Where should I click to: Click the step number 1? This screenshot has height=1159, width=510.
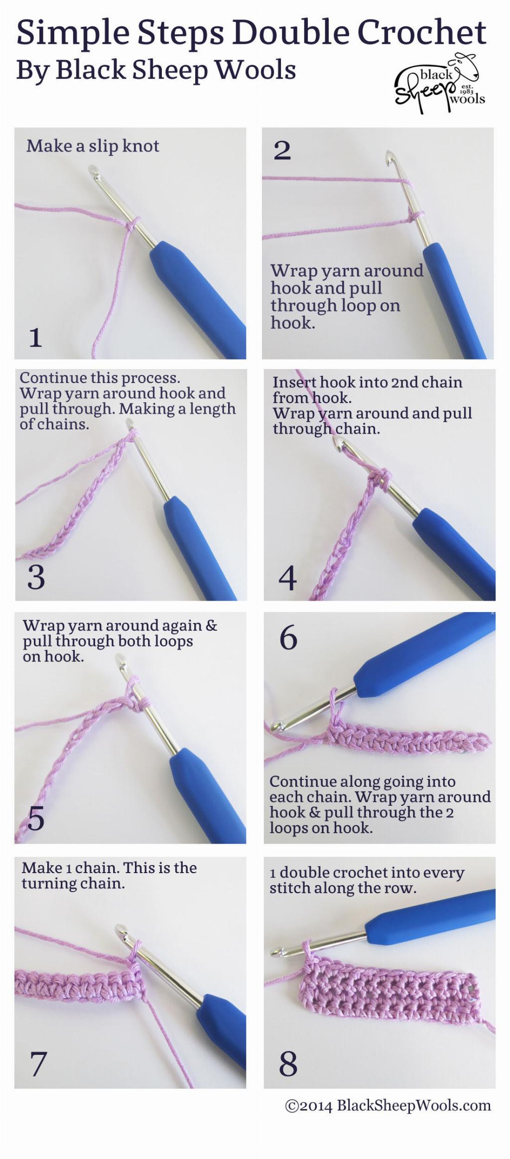click(35, 337)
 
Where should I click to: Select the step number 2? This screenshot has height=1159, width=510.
click(282, 150)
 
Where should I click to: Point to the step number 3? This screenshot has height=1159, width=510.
click(36, 577)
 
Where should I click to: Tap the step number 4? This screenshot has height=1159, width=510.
click(287, 578)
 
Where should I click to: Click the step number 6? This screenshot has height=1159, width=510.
click(288, 638)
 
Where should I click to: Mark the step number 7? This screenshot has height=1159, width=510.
click(38, 1064)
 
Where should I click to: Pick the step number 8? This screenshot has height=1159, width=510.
click(288, 1064)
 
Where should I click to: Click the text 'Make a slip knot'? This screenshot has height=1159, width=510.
click(93, 146)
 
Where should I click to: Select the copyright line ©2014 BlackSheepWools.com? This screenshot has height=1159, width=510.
click(387, 1106)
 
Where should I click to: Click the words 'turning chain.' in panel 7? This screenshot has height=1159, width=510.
click(73, 884)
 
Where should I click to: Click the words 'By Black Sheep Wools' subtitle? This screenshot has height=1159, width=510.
click(156, 70)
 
